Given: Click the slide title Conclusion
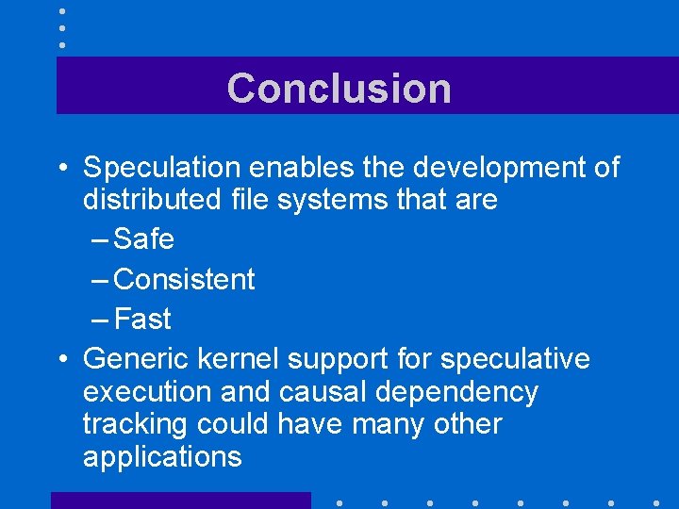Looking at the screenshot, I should pyautogui.click(x=339, y=88).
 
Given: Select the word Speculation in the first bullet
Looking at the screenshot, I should pyautogui.click(x=162, y=168).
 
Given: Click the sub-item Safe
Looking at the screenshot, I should pyautogui.click(x=143, y=239).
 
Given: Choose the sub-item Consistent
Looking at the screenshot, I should pyautogui.click(x=185, y=279).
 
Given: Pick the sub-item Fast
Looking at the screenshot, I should pyautogui.click(x=142, y=319).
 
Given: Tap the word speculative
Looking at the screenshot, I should pyautogui.click(x=515, y=359).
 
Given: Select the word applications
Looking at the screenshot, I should pyautogui.click(x=162, y=457).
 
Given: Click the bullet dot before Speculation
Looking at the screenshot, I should pyautogui.click(x=61, y=169).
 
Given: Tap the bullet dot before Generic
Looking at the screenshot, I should pyautogui.click(x=61, y=360).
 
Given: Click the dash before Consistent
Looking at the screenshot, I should pyautogui.click(x=101, y=280).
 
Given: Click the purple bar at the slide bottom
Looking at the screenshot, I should pyautogui.click(x=180, y=500).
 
